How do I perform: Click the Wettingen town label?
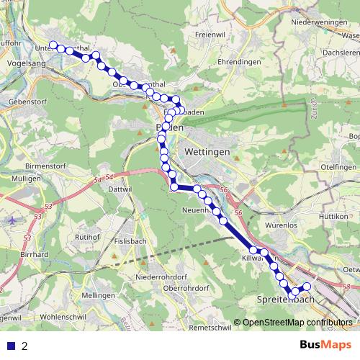point(207,153)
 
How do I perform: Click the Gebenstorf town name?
point(25,103)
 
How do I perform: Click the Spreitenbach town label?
point(286,299)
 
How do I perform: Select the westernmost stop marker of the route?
point(53,45)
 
